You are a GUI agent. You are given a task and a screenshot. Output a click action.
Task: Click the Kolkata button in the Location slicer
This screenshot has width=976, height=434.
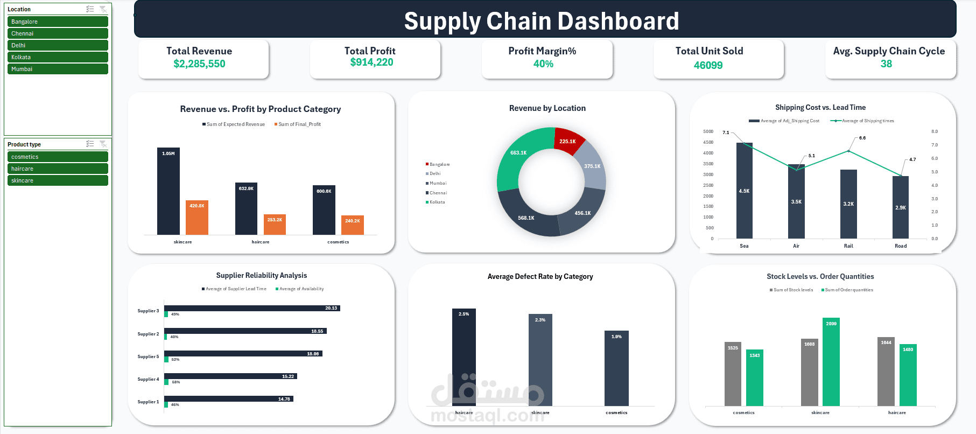click(x=58, y=57)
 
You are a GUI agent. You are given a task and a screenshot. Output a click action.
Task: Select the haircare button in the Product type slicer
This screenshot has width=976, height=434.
click(x=58, y=169)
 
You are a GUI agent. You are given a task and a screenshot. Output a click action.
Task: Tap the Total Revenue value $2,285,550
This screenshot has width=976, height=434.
click(x=199, y=64)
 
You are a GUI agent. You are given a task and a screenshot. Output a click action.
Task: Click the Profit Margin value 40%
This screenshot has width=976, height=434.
click(x=543, y=64)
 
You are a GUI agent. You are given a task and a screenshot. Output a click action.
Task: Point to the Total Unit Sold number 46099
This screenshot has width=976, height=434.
click(x=708, y=65)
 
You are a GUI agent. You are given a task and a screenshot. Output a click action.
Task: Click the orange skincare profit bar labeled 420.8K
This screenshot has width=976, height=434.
click(x=197, y=218)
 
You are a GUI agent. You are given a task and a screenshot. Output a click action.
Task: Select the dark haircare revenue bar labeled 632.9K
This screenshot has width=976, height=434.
click(x=246, y=210)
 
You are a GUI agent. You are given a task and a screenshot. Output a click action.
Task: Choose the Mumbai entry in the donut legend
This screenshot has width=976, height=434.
click(x=438, y=183)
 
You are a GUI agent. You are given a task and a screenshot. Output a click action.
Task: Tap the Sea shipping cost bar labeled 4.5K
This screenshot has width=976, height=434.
click(x=744, y=191)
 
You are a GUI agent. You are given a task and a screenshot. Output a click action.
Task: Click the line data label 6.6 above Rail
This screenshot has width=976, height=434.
click(x=862, y=138)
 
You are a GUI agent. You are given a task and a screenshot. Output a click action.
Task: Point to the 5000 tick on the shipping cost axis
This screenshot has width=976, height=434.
click(x=708, y=131)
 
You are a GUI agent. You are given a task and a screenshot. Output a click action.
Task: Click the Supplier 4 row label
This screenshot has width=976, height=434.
click(x=148, y=379)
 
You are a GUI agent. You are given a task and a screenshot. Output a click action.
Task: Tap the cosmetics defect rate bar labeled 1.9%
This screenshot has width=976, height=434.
click(x=616, y=369)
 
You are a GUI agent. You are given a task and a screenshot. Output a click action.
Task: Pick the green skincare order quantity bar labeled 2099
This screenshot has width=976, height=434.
click(x=831, y=362)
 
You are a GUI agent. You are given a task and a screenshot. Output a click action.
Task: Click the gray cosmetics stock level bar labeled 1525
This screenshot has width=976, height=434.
click(x=733, y=374)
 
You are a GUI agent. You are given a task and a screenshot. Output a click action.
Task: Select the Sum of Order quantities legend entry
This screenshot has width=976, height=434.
click(x=848, y=290)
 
